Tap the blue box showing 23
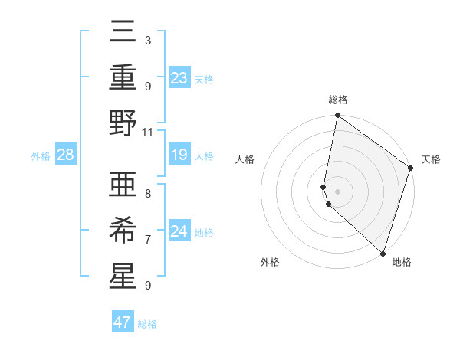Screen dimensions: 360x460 (x=179, y=77)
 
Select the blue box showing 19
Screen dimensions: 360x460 (x=179, y=155)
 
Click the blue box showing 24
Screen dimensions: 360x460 (x=179, y=231)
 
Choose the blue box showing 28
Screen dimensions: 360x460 (x=66, y=155)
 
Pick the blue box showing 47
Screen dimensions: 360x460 (x=122, y=322)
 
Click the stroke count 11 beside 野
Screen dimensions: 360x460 (x=148, y=132)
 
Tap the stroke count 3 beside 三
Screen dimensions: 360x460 (x=147, y=40)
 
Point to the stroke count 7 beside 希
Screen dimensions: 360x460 (x=147, y=239)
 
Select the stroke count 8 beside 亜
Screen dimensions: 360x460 (x=147, y=193)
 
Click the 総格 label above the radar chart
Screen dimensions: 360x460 (x=338, y=100)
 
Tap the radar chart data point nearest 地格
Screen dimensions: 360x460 (x=382, y=254)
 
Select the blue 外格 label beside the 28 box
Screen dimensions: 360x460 (x=41, y=156)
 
